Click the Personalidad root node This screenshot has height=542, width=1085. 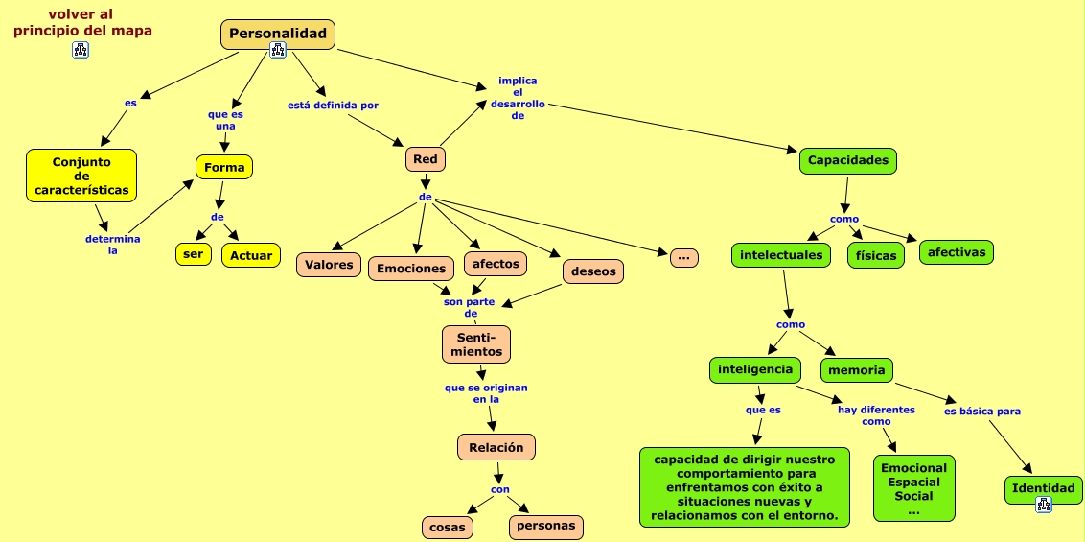(x=278, y=34)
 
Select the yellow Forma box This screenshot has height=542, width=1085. (x=224, y=167)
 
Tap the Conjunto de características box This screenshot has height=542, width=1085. (x=81, y=176)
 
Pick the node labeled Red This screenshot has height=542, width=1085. (x=425, y=159)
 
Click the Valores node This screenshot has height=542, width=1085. (x=329, y=265)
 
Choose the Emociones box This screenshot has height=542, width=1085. (x=411, y=269)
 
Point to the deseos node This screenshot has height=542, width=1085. (x=593, y=271)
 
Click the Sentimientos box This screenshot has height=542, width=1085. (x=476, y=344)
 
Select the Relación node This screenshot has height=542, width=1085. (x=496, y=447)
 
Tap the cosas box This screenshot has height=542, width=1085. (x=447, y=527)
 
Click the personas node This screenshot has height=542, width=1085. (x=546, y=526)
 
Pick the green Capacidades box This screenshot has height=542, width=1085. (x=847, y=160)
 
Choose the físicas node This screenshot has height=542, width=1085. (x=876, y=256)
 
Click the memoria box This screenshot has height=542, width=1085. (x=856, y=369)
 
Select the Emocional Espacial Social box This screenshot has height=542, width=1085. (x=913, y=488)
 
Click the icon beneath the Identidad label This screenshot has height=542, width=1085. (x=1044, y=504)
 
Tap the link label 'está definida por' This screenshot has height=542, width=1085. (x=339, y=105)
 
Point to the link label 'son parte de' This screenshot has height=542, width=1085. (x=469, y=307)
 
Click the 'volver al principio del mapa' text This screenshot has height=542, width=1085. (x=82, y=22)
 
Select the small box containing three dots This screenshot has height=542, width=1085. (x=683, y=257)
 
